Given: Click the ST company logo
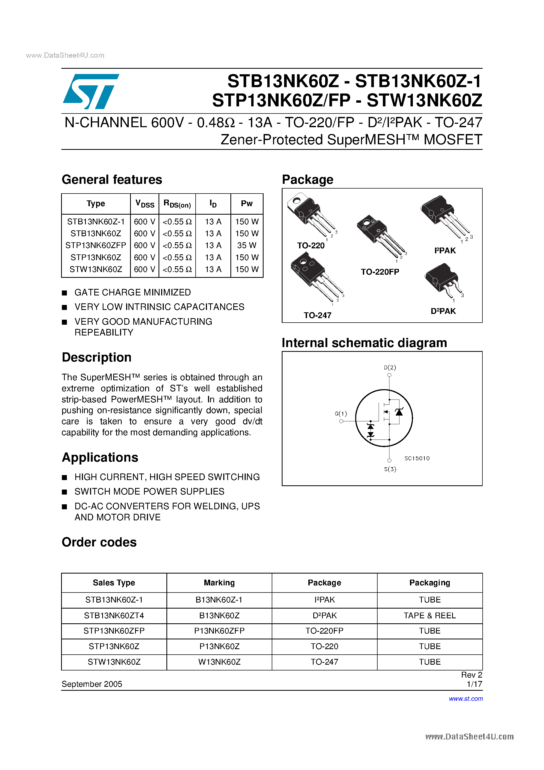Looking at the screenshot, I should point(91,91).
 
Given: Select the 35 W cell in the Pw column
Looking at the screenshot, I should point(246,245).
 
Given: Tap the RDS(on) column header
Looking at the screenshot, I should point(177,204).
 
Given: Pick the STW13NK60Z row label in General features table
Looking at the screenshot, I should point(96,269).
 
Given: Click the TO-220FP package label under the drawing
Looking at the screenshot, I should point(380,272).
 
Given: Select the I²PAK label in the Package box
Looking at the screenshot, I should point(445,250).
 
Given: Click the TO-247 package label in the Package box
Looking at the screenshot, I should point(317,315).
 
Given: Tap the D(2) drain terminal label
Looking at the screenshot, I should point(390,367).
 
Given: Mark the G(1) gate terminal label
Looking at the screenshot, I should point(341,413).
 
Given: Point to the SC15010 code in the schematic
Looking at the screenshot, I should point(417,458).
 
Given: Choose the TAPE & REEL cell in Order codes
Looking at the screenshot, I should point(430,615).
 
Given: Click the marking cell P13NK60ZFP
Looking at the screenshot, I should point(219,631).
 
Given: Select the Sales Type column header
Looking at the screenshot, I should point(114,583).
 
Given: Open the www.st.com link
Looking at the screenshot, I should point(466,699).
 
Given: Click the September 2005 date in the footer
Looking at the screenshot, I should point(92,684).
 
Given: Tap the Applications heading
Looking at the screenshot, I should point(100,457).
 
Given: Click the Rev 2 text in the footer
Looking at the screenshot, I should point(471,675).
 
